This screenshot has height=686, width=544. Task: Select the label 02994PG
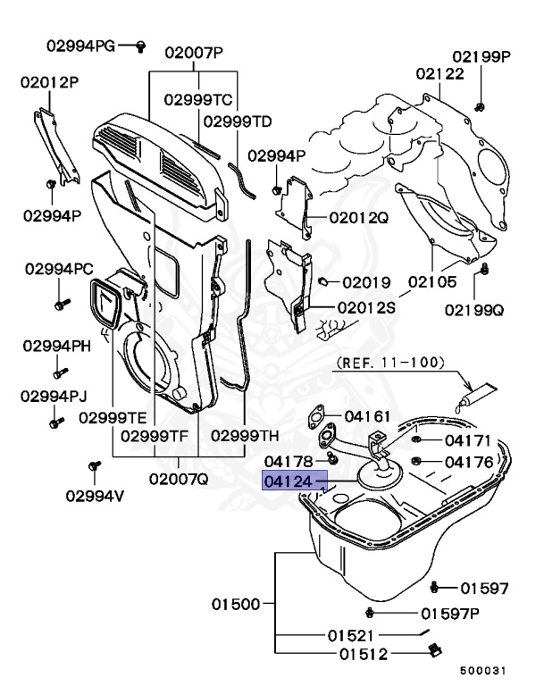click(x=82, y=45)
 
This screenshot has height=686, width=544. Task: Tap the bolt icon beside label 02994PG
click(x=140, y=46)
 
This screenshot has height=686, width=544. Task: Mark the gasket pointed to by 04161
click(x=314, y=416)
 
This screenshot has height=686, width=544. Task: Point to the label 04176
click(x=468, y=462)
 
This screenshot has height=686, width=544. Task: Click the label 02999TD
click(x=238, y=121)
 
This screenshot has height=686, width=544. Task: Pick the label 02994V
click(x=93, y=497)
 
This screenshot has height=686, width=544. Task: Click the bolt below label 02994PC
click(x=61, y=303)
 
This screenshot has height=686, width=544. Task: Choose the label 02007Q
click(x=179, y=478)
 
